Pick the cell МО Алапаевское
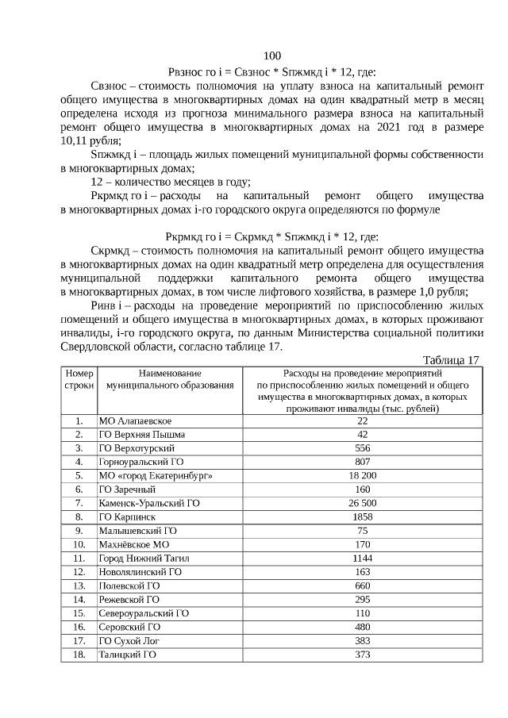coord(134,420)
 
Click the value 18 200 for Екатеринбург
coord(361,475)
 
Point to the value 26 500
coord(361,503)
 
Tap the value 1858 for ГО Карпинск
coord(361,516)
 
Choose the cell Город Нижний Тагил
coord(144,558)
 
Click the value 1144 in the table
coord(361,558)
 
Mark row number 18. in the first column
coord(79,655)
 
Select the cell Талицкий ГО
coord(126,655)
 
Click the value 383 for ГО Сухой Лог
coord(361,640)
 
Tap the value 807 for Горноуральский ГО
coord(361,462)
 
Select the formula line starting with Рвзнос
coord(271,71)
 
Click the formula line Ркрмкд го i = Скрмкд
coord(271,236)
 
